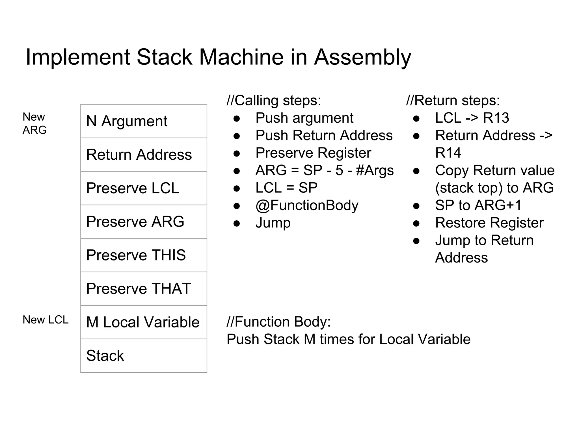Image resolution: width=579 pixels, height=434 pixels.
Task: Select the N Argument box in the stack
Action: pos(144,121)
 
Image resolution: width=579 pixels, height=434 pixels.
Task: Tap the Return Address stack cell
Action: pos(144,155)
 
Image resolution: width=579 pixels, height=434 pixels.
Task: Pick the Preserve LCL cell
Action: pos(144,188)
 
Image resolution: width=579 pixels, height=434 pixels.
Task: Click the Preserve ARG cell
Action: pos(144,222)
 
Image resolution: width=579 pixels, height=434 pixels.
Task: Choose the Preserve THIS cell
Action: pos(144,255)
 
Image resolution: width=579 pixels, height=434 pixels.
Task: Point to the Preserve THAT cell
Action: pos(144,288)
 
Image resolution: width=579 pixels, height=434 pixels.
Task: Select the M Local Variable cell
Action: pos(144,322)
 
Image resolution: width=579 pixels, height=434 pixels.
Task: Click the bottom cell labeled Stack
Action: pos(144,355)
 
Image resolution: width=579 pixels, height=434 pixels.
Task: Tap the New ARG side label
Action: pos(34,123)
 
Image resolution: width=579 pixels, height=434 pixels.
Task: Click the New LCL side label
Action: pos(46,320)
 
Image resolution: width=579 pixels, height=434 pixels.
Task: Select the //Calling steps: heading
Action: pos(274,101)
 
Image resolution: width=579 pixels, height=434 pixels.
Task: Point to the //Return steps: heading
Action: pos(453,101)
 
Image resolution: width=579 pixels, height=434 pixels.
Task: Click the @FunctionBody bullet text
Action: pos(307,205)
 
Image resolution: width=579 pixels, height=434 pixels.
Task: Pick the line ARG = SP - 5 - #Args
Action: pos(324,170)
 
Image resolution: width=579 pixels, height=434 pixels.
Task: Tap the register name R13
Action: pos(496,118)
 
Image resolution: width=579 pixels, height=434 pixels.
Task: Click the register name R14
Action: pos(448,153)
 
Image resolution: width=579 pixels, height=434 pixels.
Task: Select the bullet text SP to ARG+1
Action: pos(478,205)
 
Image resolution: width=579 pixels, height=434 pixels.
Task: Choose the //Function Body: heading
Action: pos(278,322)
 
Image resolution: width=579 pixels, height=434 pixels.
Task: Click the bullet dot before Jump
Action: pos(237,223)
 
